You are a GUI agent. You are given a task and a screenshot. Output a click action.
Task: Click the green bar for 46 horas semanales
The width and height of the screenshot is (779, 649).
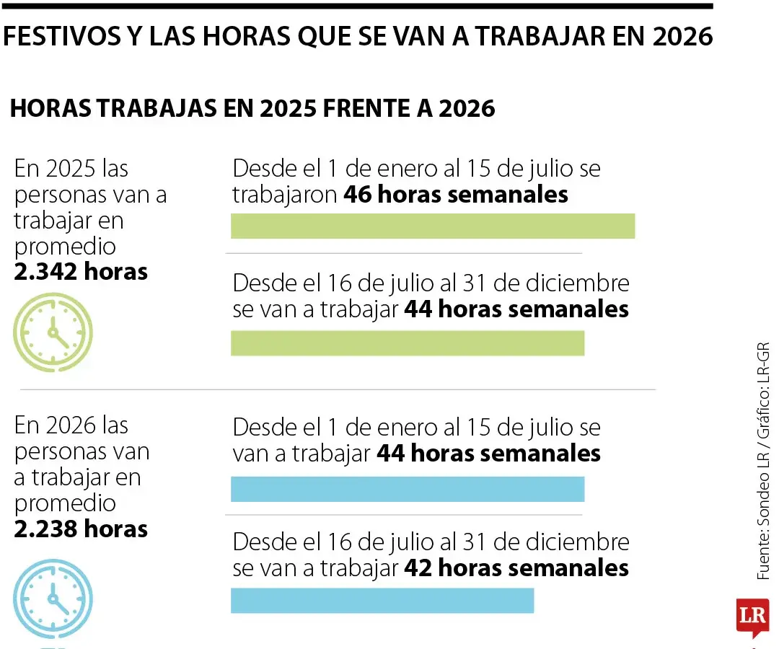tap(433, 226)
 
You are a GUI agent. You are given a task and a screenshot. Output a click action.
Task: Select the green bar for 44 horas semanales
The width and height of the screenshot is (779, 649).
tap(408, 343)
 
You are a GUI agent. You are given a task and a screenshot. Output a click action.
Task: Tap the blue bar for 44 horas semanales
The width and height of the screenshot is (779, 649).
tap(408, 489)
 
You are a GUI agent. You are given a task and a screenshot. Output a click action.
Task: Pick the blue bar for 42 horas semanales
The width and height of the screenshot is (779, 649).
tap(382, 601)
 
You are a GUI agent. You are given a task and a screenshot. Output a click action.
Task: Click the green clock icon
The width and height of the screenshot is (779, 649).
tap(53, 332)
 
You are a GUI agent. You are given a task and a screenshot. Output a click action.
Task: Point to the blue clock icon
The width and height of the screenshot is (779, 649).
tap(53, 598)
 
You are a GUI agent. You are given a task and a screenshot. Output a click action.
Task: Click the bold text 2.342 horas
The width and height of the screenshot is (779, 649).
tap(81, 272)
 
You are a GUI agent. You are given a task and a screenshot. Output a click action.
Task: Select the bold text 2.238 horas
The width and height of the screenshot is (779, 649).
tap(81, 529)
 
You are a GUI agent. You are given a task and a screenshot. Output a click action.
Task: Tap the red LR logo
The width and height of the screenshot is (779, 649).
tap(752, 617)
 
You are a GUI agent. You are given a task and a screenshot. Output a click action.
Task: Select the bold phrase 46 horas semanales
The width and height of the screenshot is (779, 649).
tap(456, 195)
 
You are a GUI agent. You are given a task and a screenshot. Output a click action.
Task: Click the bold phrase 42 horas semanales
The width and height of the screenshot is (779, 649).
tap(516, 568)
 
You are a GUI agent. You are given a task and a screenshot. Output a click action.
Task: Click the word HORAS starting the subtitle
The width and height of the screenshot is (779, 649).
tap(50, 108)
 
